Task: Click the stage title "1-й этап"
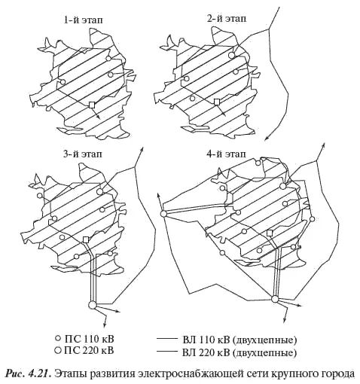[83, 20]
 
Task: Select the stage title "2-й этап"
[227, 19]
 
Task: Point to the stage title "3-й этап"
[83, 154]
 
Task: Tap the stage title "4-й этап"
[226, 154]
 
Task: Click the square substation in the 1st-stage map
[92, 105]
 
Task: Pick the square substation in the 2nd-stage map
[217, 102]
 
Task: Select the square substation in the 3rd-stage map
[86, 239]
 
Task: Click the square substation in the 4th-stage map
[270, 233]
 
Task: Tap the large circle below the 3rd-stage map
[93, 305]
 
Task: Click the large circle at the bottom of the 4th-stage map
[275, 299]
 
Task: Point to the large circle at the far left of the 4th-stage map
[163, 214]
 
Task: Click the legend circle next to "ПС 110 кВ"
[58, 339]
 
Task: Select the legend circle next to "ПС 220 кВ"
[58, 350]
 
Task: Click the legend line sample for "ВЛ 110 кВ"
[167, 339]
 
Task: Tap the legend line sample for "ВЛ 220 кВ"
[167, 351]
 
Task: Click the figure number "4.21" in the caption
[39, 373]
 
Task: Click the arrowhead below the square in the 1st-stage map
[99, 117]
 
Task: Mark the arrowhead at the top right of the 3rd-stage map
[142, 148]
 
